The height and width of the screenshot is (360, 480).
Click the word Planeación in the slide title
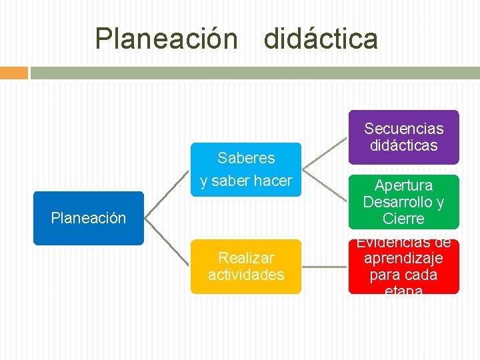click(166, 39)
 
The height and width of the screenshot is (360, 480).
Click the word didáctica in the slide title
click(321, 39)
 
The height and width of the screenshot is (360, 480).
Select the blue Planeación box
click(89, 218)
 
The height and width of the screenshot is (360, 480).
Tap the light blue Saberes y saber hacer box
click(246, 169)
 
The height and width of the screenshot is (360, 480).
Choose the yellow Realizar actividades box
click(246, 266)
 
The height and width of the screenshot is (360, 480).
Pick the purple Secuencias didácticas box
click(403, 137)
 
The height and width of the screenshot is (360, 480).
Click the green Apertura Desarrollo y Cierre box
click(403, 201)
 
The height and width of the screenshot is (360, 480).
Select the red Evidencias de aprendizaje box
click(403, 266)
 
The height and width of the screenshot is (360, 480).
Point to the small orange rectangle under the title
click(13, 73)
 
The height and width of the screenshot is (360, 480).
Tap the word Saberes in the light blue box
click(246, 158)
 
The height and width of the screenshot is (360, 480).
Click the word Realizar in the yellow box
click(246, 257)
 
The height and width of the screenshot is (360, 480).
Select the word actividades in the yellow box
click(246, 275)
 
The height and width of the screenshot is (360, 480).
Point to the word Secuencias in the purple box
click(403, 128)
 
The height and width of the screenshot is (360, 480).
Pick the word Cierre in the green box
click(403, 219)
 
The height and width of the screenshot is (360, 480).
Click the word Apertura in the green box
click(403, 185)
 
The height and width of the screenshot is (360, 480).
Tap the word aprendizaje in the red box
click(403, 257)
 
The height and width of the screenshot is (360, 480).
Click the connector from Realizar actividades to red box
click(325, 267)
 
